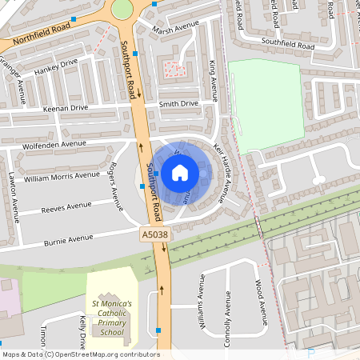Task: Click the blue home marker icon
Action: pos(180,173)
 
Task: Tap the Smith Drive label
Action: pos(178,104)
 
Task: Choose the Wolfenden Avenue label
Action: pos(54,144)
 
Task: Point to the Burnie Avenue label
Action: pos(68,238)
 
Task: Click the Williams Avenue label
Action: pos(201,310)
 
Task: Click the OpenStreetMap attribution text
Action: pos(80,354)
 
